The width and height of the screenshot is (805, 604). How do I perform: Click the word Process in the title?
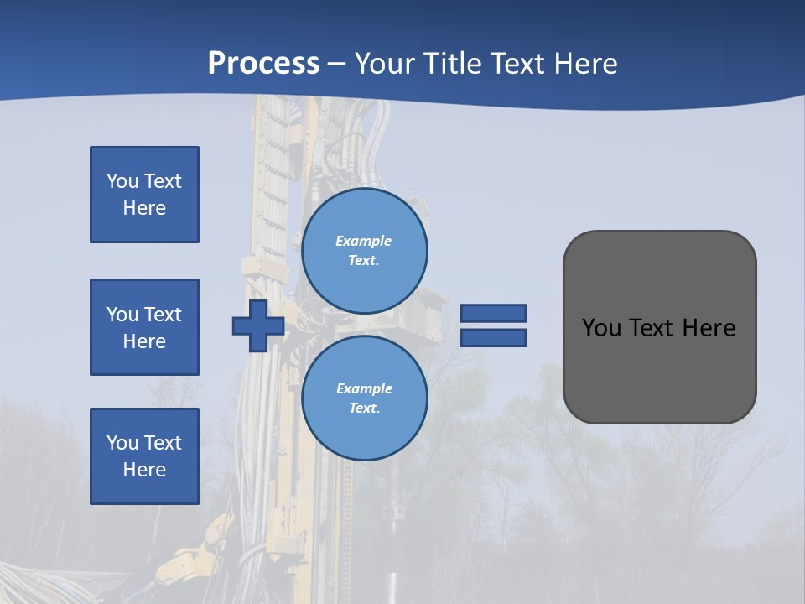click(263, 64)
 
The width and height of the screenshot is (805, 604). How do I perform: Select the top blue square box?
click(144, 195)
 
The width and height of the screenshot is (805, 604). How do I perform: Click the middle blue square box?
click(144, 327)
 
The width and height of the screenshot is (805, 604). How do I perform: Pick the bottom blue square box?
click(144, 456)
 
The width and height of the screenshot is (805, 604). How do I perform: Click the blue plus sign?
click(258, 325)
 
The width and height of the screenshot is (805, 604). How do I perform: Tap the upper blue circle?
click(364, 251)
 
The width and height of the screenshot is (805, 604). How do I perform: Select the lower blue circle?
click(364, 398)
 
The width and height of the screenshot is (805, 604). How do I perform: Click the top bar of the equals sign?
click(493, 314)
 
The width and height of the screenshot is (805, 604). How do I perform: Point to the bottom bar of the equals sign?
click(493, 338)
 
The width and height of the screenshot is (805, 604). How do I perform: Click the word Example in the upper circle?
click(364, 241)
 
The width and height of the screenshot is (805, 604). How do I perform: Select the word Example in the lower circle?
click(364, 388)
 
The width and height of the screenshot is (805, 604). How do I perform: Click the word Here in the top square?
click(144, 208)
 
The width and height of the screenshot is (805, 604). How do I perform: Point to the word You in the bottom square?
click(122, 443)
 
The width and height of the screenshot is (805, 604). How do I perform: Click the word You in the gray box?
click(601, 328)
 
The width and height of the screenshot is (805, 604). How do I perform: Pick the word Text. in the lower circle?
click(364, 408)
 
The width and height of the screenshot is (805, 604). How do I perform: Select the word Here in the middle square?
click(144, 341)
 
